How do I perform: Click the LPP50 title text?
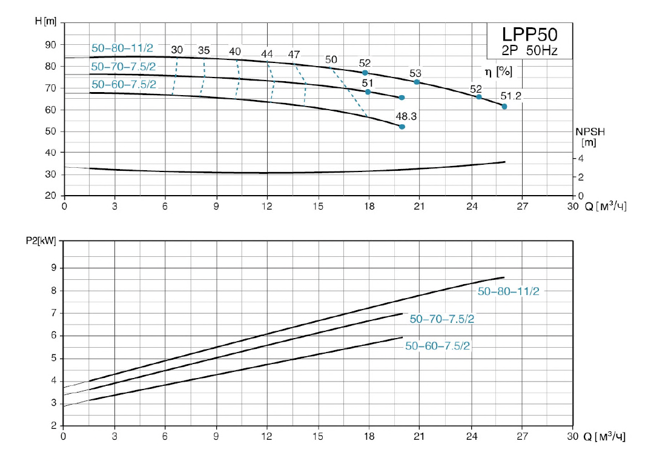(x=529, y=34)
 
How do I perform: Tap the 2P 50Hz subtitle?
(x=529, y=50)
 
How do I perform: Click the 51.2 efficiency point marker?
(x=504, y=107)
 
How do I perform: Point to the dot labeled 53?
(x=417, y=82)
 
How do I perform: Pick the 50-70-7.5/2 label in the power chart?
(x=441, y=319)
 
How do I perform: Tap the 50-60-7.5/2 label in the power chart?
(x=437, y=346)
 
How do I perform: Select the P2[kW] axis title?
(x=43, y=241)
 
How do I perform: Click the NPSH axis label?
(x=590, y=131)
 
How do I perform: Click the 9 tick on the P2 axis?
(x=53, y=268)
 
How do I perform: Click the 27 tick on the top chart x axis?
(x=522, y=207)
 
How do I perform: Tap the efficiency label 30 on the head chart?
(x=177, y=50)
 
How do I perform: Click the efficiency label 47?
(x=294, y=55)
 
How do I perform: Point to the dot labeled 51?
(x=368, y=91)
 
